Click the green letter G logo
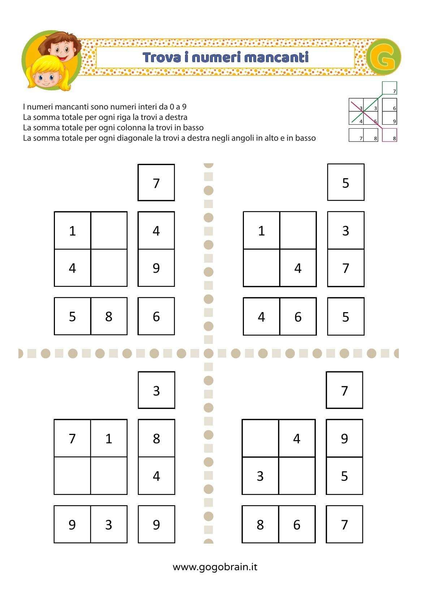384,57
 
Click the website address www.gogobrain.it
215,567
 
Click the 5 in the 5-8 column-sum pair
72,316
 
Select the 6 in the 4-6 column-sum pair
298,317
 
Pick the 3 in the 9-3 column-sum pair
109,525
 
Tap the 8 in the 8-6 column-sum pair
260,525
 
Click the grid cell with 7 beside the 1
72,439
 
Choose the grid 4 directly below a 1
72,268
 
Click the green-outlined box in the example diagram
390,88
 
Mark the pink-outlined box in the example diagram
390,135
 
